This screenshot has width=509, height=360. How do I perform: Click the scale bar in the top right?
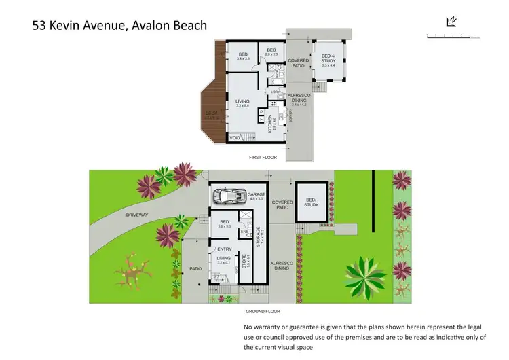click(453, 35)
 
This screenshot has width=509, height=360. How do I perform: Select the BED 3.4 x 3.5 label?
click(243, 56)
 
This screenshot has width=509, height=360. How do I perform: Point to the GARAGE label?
click(256, 194)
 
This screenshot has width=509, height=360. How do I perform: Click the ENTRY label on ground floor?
click(225, 249)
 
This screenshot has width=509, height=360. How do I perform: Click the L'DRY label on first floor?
click(276, 92)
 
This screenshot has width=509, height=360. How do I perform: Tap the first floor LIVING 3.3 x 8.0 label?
click(243, 103)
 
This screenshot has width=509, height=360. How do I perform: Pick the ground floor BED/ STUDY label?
click(311, 201)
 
